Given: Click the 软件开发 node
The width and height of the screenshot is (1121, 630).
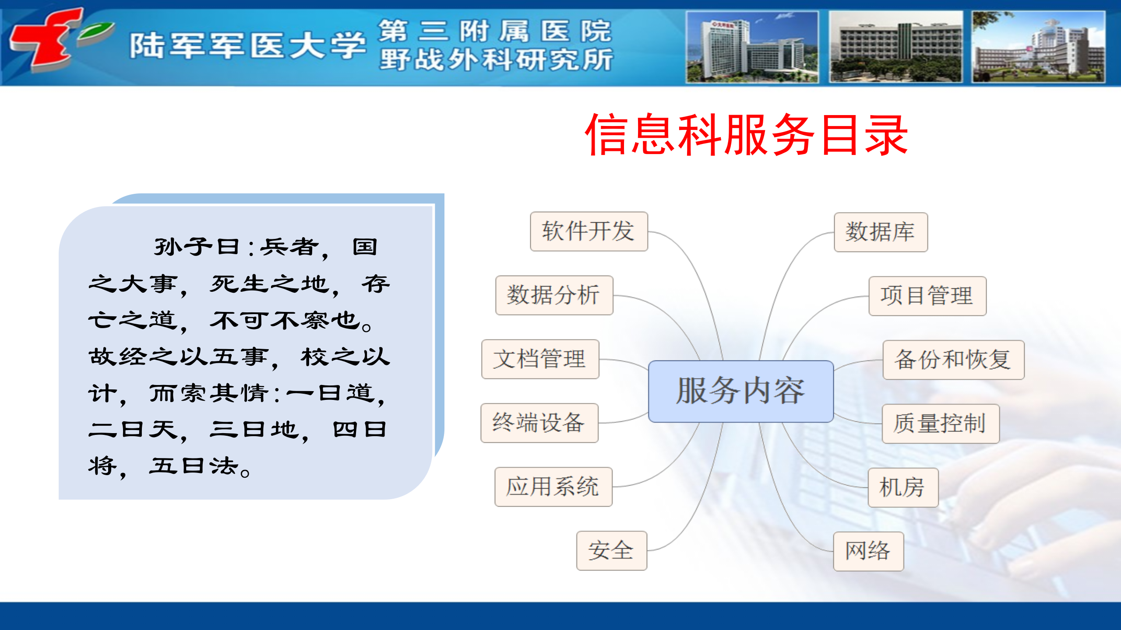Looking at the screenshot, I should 589,231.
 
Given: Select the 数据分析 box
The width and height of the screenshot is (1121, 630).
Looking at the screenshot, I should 554,295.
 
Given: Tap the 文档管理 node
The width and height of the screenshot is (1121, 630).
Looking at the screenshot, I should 540,359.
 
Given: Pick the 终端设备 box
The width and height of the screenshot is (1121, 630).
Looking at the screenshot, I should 539,423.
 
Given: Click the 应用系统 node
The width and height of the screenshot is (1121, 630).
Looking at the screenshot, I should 553,487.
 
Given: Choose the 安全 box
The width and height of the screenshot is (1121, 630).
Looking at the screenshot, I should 611,551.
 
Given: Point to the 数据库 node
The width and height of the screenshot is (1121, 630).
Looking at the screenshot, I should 881,232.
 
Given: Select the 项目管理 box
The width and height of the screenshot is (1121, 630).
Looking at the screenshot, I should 927,296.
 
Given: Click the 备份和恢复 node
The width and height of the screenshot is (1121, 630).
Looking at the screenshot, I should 953,360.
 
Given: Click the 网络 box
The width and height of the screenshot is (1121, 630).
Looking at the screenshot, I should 868,551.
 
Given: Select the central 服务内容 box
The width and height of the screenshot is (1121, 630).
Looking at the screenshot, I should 740,392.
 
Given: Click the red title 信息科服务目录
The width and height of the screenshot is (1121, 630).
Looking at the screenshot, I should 747,135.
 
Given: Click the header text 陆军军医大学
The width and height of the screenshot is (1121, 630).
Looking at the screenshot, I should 247,45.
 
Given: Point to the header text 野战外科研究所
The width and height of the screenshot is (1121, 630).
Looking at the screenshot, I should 496,60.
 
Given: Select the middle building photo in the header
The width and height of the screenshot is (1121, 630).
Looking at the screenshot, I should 895,47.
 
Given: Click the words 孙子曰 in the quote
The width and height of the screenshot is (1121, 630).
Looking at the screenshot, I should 197,247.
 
